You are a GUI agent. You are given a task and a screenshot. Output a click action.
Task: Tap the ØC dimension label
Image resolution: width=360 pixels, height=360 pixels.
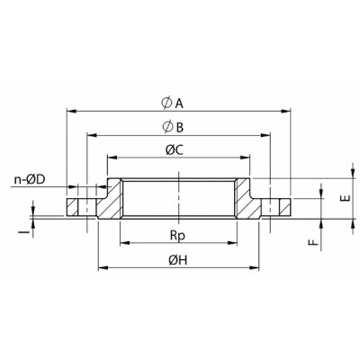175,149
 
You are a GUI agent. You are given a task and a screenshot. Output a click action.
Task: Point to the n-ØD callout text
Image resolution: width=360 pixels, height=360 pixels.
31,181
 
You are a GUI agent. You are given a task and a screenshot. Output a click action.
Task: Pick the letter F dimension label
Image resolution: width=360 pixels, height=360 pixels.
310,242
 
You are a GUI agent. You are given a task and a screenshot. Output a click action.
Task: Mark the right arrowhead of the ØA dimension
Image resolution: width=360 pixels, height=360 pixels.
290,112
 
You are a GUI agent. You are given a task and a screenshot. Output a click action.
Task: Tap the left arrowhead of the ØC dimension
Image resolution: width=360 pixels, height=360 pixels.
111,158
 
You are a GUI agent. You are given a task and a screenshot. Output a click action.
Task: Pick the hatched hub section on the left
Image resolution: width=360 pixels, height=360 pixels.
111,203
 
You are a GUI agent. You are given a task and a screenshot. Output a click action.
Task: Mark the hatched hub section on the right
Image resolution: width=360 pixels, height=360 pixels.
249,203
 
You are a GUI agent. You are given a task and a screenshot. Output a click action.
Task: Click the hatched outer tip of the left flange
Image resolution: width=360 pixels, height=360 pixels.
73,206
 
